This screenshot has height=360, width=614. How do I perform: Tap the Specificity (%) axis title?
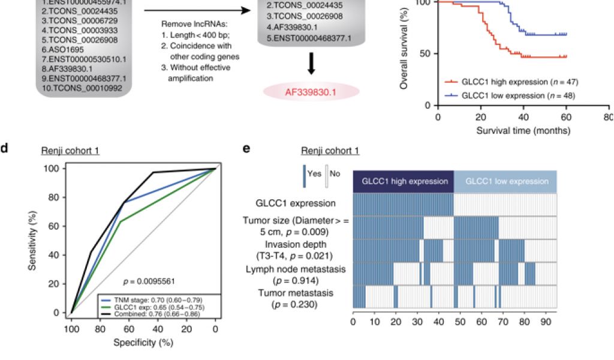(x=142, y=343)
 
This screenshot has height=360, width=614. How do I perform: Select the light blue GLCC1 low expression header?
(x=505, y=181)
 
